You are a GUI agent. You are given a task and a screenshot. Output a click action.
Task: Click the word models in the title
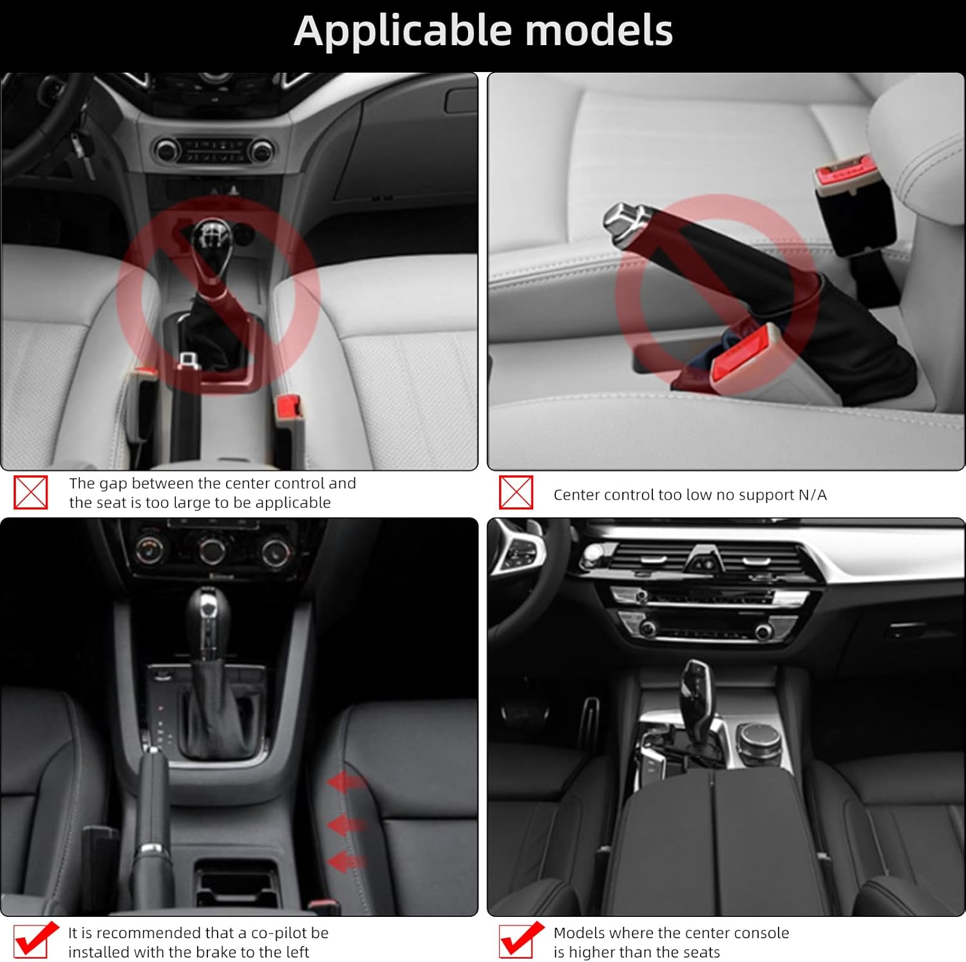tap(599, 30)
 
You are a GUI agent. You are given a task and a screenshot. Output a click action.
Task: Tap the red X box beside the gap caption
tap(31, 493)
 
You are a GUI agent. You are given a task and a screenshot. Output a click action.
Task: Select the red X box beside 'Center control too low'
tap(516, 493)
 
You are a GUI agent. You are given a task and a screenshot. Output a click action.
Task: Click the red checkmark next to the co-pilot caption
tap(35, 939)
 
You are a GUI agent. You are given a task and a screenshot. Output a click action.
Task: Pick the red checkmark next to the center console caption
tap(520, 939)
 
